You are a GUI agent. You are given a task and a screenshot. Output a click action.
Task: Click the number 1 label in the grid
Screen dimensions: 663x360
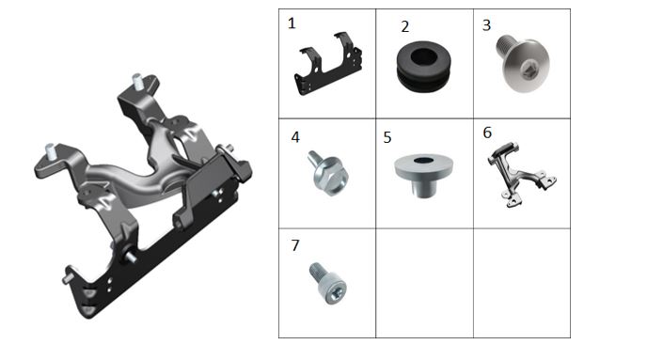coord(292,23)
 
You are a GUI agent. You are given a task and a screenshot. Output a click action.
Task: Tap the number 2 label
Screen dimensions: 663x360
coord(405,26)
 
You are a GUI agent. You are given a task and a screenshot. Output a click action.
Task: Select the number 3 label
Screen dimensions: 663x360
coord(487,25)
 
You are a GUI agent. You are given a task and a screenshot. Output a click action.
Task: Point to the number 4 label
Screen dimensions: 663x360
coord(295,137)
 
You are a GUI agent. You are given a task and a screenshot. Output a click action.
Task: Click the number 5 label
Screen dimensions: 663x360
coord(387,138)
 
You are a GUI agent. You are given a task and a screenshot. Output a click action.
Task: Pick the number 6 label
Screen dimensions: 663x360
coord(487,133)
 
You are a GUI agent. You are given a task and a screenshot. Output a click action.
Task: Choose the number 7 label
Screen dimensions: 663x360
coord(295,245)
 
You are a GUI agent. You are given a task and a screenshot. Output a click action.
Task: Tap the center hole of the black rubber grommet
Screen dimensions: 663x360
coord(424,57)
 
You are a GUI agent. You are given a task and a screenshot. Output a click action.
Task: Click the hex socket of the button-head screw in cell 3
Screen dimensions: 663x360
coord(527,71)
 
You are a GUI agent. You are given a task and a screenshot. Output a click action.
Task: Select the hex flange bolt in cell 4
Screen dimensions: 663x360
coord(328,173)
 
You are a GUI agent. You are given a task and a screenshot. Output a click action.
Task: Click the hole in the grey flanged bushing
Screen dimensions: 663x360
coord(423,160)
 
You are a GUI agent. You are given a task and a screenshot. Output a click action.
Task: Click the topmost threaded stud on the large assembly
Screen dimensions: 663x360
coord(137,80)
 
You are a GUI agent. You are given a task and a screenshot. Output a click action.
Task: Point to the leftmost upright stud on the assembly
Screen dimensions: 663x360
coord(51,151)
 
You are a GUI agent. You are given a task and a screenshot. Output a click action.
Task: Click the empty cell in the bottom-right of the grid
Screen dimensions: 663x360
coord(522,283)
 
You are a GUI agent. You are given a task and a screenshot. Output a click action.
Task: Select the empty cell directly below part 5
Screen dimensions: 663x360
coord(424,283)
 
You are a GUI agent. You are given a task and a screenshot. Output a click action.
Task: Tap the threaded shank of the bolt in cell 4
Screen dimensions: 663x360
coord(315,159)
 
